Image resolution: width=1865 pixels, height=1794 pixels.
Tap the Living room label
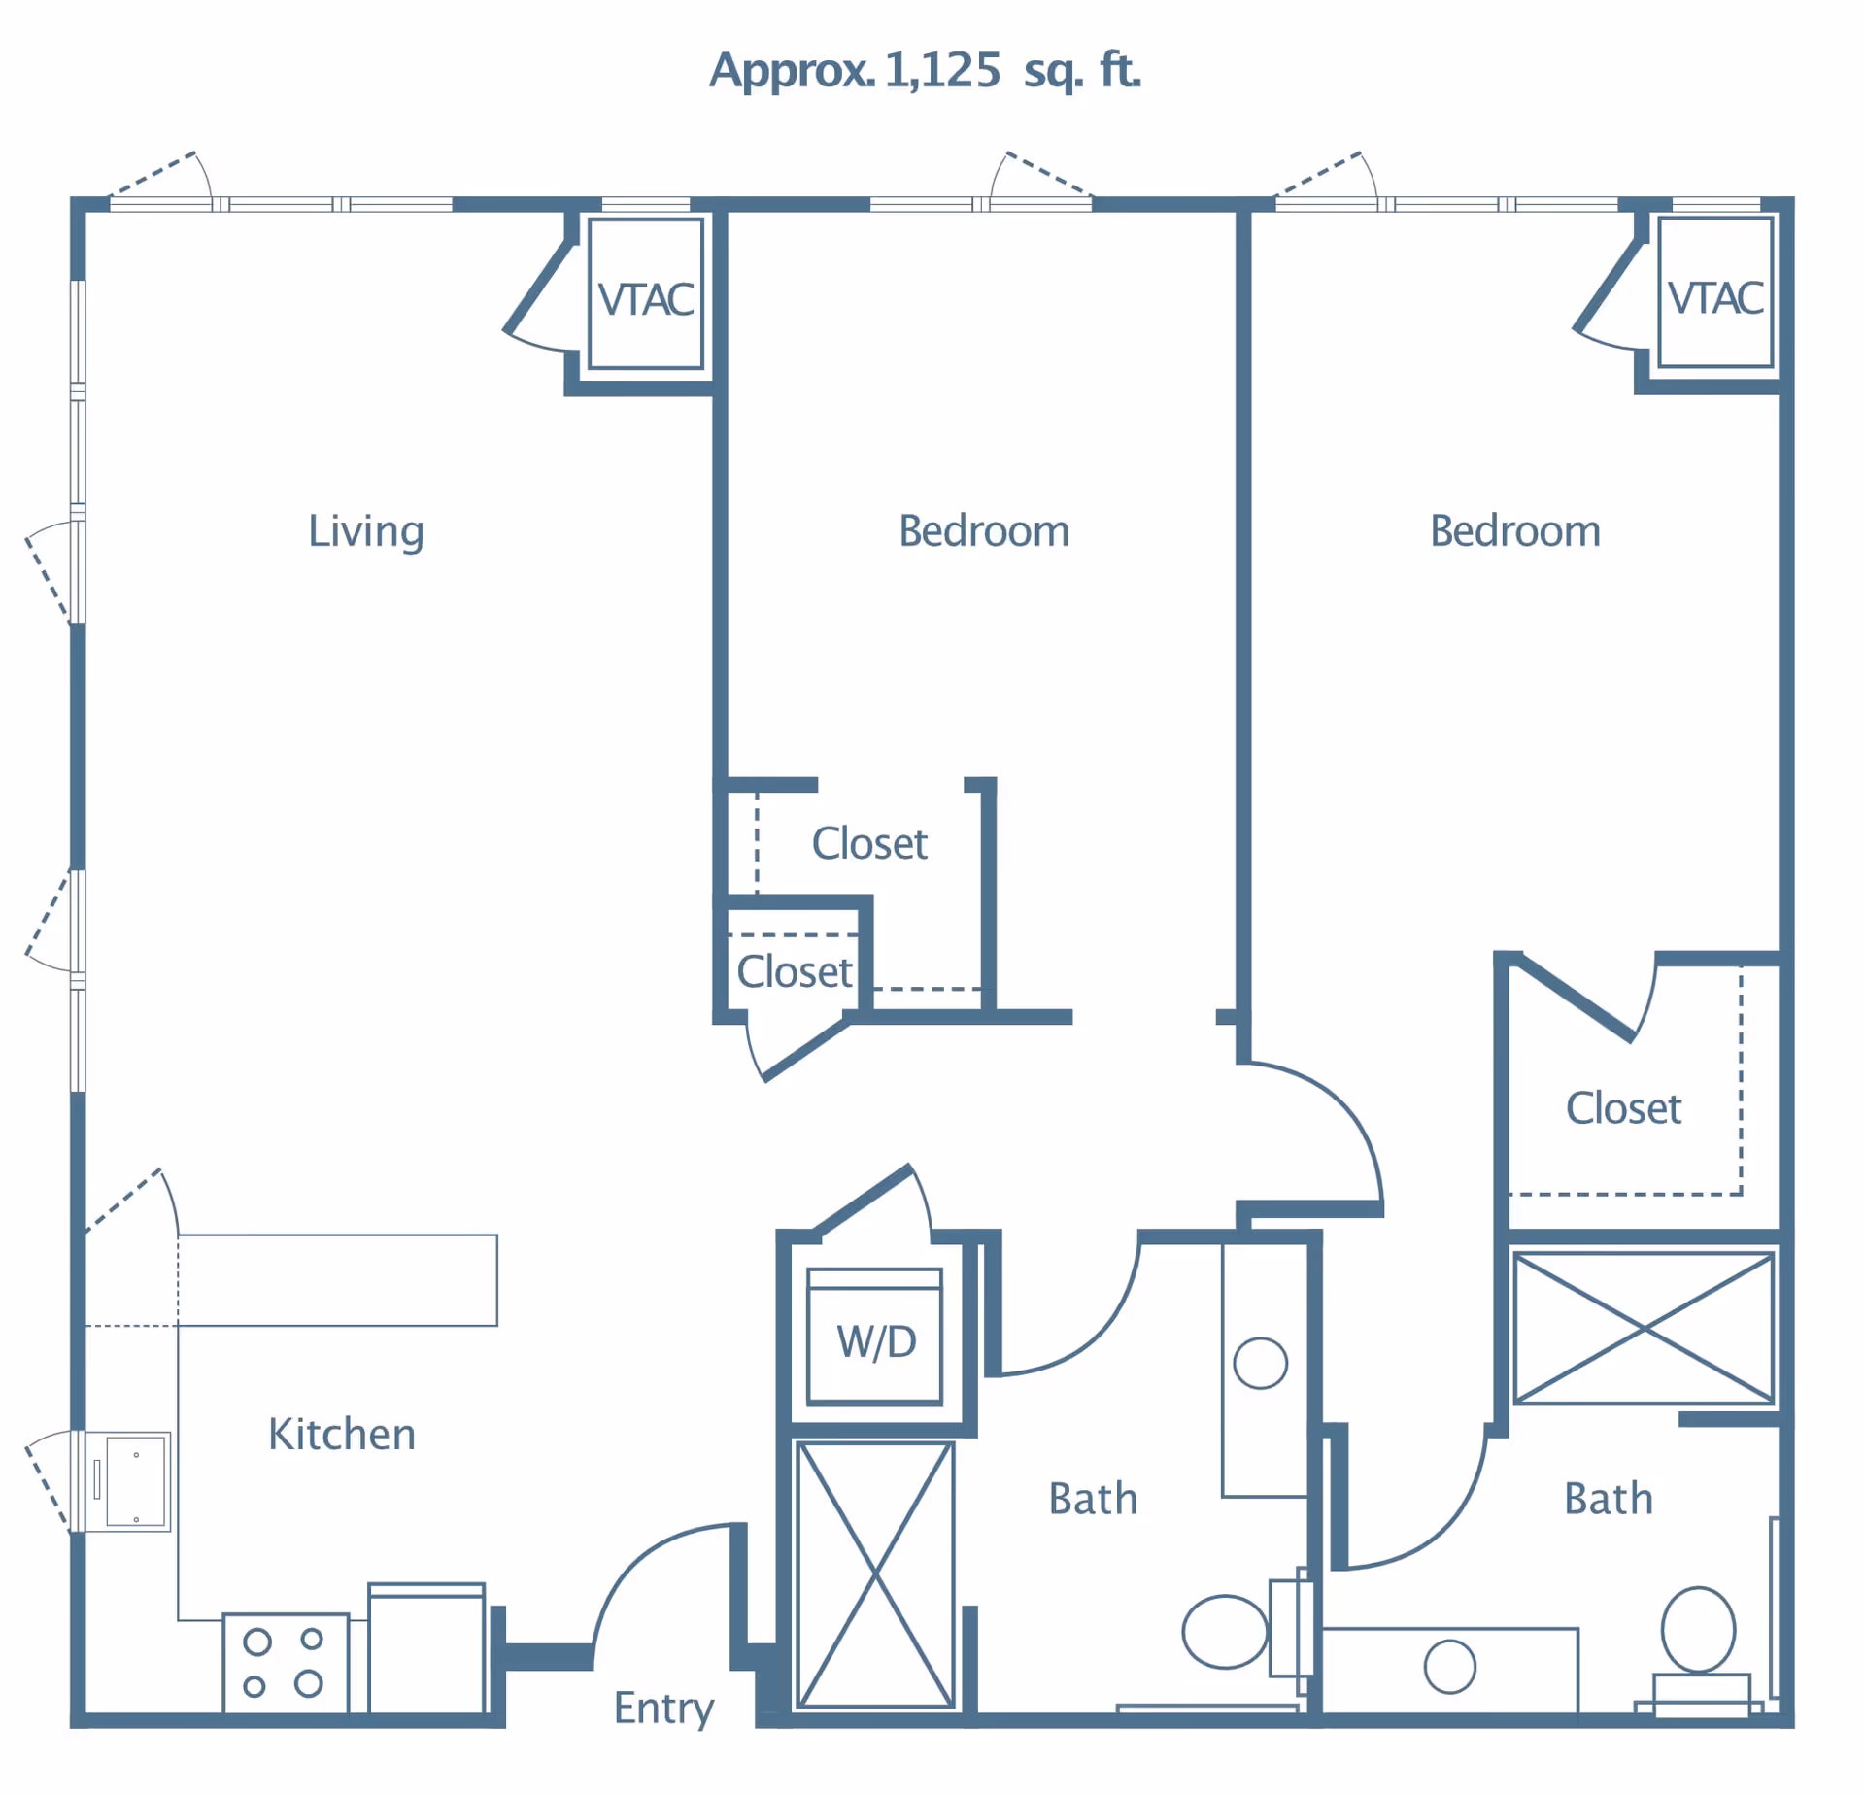(365, 531)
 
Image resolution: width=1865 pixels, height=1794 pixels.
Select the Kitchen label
(341, 1435)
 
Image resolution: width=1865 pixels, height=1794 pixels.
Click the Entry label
(663, 1709)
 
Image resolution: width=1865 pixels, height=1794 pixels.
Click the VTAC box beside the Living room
(646, 294)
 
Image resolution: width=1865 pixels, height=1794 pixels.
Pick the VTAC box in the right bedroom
(1715, 293)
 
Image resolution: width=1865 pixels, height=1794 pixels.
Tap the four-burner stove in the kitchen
(285, 1664)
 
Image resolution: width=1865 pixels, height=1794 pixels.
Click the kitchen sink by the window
(135, 1482)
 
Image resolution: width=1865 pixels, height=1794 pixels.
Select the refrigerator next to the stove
(426, 1650)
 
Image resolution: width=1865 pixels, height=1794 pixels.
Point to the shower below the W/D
(874, 1574)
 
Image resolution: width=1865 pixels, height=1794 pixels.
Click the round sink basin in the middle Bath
(1260, 1364)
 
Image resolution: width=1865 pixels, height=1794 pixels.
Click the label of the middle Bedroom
(983, 531)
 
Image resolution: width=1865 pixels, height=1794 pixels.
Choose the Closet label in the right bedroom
(1623, 1108)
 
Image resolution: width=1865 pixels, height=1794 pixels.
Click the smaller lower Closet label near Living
(794, 972)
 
